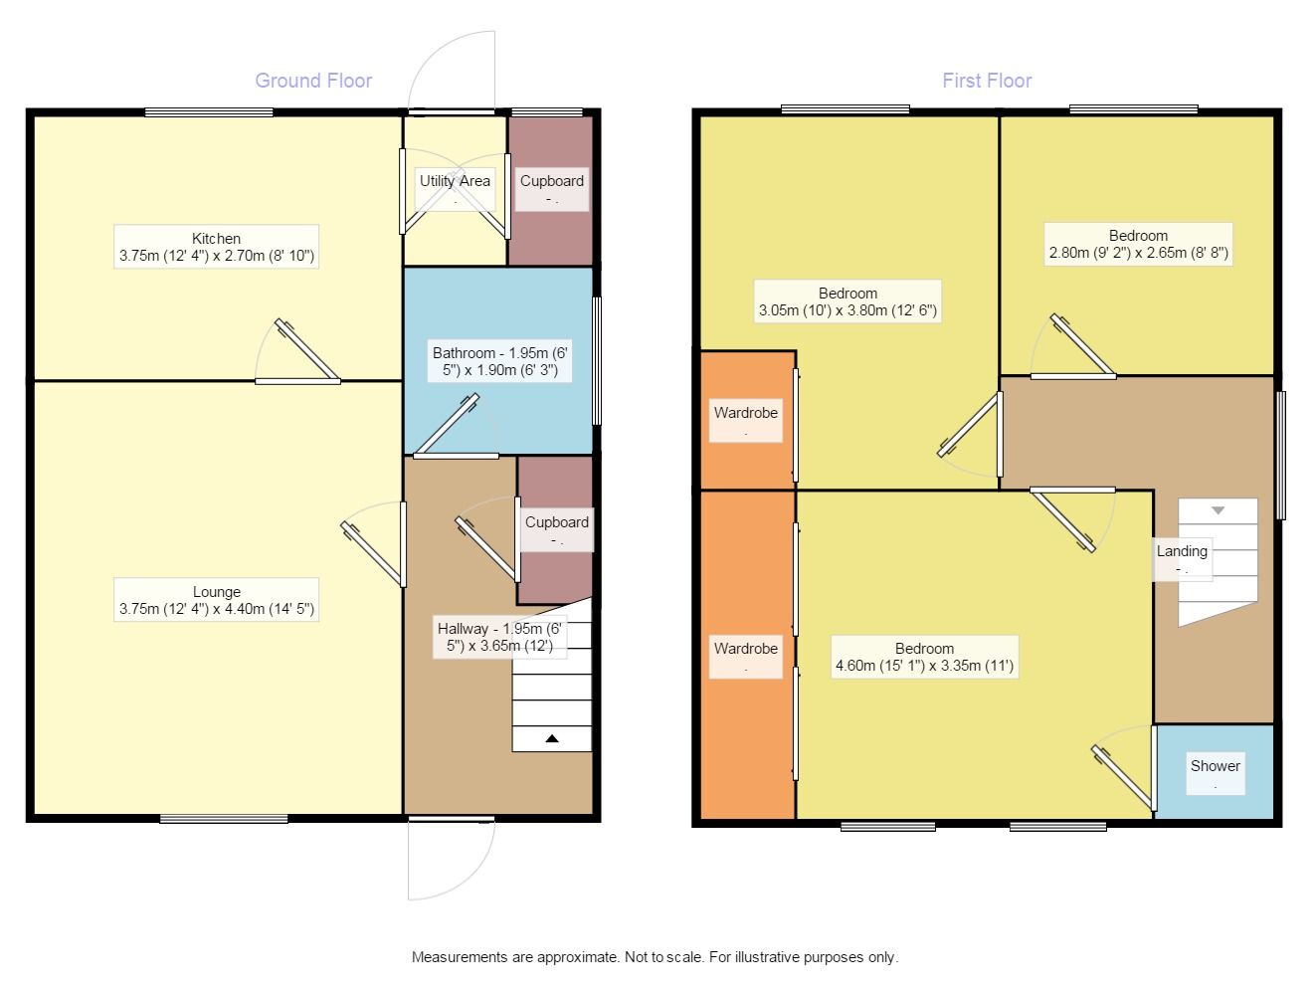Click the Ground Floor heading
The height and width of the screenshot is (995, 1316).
(x=313, y=81)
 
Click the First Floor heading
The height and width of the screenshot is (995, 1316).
(x=987, y=81)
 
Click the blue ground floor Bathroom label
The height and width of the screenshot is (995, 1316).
(x=500, y=361)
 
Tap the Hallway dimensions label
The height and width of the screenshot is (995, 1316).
(x=499, y=637)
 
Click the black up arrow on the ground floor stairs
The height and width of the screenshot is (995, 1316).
(x=552, y=738)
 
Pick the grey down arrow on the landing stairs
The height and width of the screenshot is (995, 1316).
(x=1218, y=510)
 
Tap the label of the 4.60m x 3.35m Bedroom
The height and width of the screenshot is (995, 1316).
(x=924, y=657)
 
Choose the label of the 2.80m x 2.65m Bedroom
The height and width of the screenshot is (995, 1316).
(x=1139, y=244)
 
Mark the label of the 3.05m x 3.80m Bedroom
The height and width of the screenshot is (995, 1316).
(x=847, y=301)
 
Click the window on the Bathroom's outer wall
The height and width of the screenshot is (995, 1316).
(x=597, y=361)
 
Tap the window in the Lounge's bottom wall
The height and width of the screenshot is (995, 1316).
(x=224, y=819)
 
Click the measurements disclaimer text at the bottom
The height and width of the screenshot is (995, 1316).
(x=655, y=956)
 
